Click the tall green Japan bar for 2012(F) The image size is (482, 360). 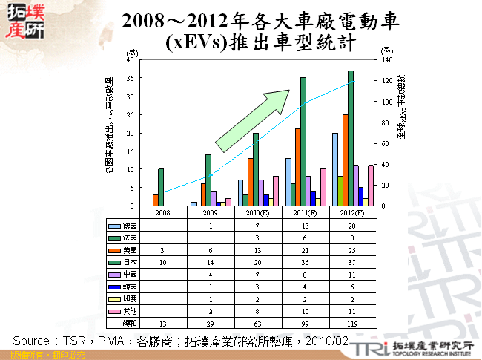pos(351,138)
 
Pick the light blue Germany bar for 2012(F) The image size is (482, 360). pos(335,169)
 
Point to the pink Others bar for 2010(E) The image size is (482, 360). pos(276,191)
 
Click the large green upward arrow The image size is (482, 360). pos(251,121)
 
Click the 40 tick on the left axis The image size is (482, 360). pos(130,59)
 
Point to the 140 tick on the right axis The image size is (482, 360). pos(386,59)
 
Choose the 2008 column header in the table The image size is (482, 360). pos(162,212)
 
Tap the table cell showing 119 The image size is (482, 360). pos(351,324)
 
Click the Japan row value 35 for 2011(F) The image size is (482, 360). pos(304,262)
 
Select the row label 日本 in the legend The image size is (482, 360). pos(129,262)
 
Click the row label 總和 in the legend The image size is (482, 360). pos(129,324)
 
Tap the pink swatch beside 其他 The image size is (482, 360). pos(114,312)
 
